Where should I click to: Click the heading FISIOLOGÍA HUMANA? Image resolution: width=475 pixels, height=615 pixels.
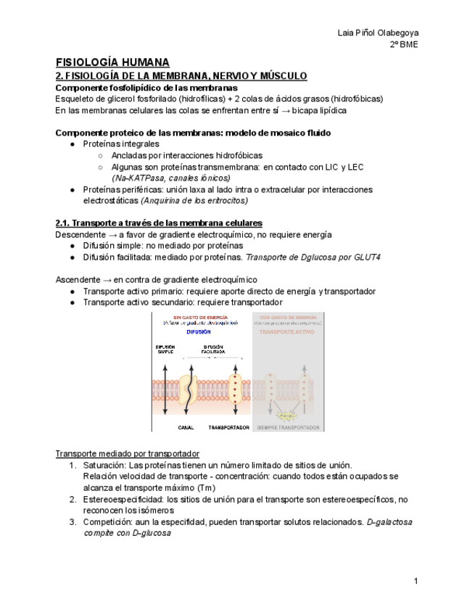click(112, 62)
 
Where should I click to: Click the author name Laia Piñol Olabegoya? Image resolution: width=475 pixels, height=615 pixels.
click(378, 33)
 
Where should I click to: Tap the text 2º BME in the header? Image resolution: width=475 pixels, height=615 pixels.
click(404, 44)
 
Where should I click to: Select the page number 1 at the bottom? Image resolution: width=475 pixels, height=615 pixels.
click(416, 581)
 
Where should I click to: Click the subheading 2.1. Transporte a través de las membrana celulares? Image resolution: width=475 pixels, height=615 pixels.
click(159, 223)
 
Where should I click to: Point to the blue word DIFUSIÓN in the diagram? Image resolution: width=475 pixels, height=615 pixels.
click(198, 332)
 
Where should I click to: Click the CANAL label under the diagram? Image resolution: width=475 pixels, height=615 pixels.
click(186, 427)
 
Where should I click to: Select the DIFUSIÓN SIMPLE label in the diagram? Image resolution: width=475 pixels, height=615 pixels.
click(165, 350)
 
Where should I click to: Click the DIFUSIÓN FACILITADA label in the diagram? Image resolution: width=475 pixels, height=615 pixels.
click(212, 350)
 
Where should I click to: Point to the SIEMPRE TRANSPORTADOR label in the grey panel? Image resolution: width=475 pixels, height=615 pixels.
click(289, 427)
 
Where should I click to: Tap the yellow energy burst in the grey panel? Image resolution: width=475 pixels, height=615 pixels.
click(289, 416)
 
